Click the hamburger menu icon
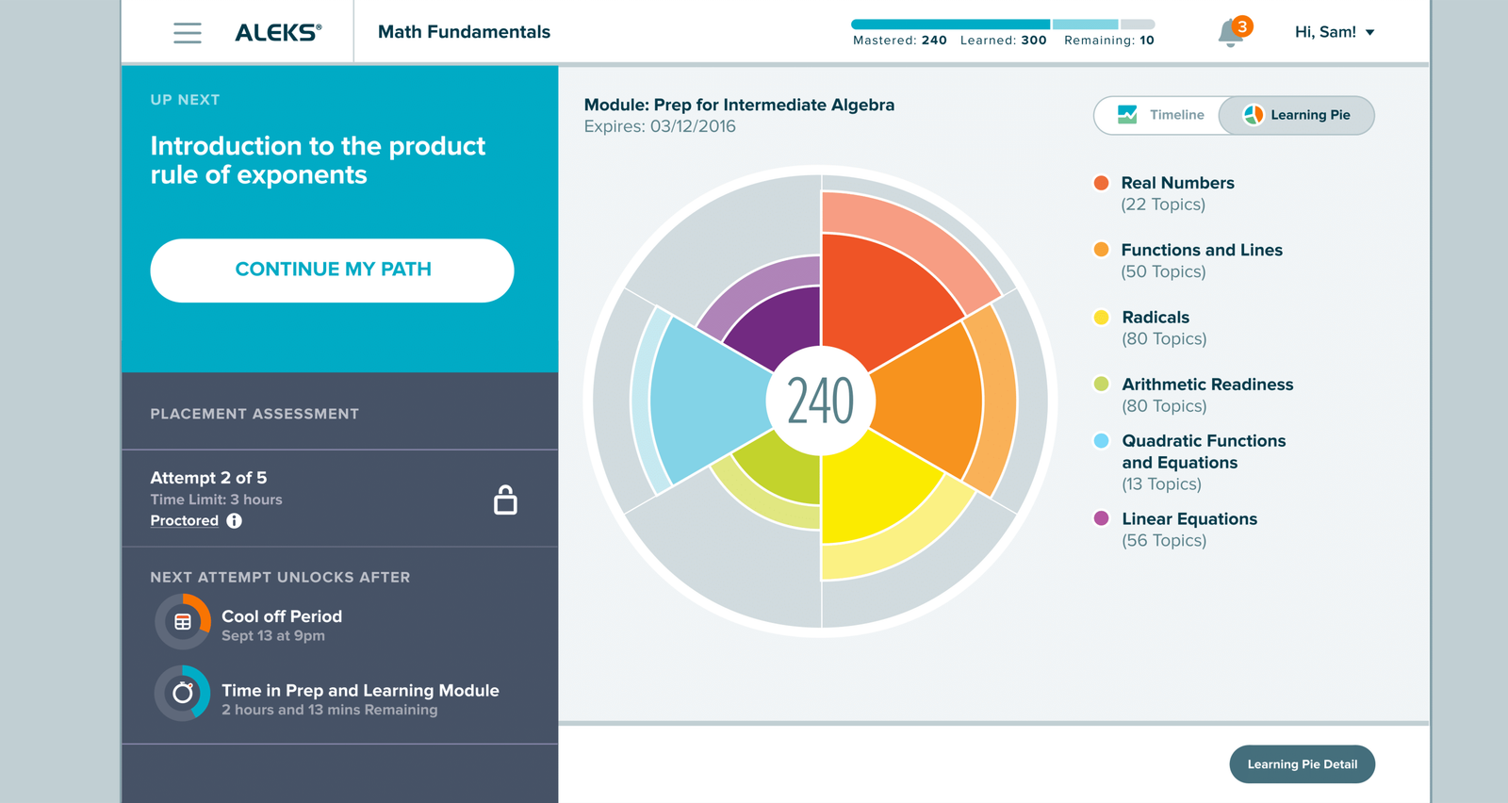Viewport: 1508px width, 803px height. coord(188,32)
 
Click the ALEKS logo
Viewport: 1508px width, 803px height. coord(278,32)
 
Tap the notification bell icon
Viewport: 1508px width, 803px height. coord(1231,34)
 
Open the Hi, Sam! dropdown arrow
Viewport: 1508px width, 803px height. coord(1369,32)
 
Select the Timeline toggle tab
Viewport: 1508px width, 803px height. coord(1159,115)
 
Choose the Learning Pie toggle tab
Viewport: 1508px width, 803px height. coord(1297,115)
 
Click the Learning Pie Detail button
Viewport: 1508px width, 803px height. coord(1302,764)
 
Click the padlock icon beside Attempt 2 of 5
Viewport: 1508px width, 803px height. coord(505,500)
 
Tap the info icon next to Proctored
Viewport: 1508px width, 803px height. coord(235,520)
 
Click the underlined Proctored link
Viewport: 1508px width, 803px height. coord(185,520)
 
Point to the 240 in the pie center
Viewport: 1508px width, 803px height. coord(820,401)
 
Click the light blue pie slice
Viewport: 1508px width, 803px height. coord(707,401)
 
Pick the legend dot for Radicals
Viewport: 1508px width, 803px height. coord(1102,318)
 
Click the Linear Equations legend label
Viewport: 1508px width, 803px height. coord(1189,519)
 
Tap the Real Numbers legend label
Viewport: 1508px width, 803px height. coord(1177,183)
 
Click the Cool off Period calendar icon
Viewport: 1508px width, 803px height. coord(183,621)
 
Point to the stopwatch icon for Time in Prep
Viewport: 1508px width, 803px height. coord(183,693)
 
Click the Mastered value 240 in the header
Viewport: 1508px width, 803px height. coord(934,41)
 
